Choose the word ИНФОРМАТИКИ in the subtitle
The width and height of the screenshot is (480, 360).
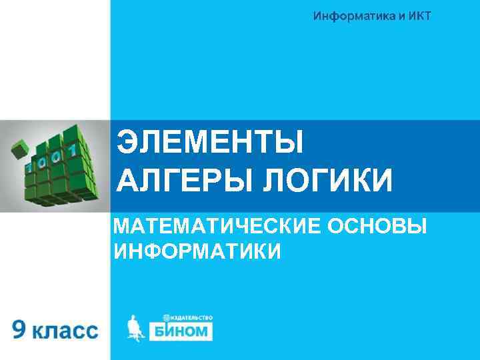point(197,251)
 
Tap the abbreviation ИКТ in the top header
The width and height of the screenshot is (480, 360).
point(417,16)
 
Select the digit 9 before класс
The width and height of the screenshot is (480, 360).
point(21,330)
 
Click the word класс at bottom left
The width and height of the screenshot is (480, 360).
point(65,331)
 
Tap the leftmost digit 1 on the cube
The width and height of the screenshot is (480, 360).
point(30,165)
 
